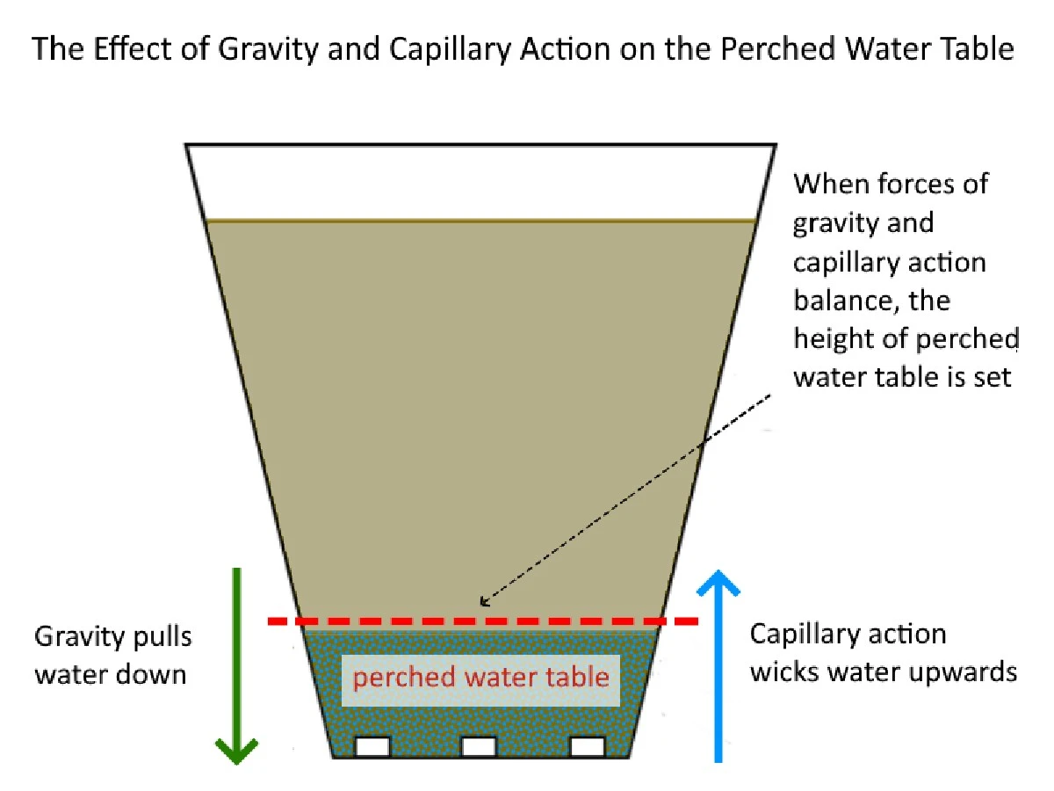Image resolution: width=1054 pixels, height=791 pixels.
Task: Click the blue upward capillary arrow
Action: tap(720, 668)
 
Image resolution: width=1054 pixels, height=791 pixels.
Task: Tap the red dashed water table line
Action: tap(483, 621)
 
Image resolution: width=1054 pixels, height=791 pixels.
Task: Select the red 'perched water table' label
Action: tap(480, 678)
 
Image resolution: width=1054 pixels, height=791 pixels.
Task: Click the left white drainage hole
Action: tap(372, 747)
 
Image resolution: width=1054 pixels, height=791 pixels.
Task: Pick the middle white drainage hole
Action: tap(479, 747)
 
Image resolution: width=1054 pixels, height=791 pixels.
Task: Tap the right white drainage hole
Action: tap(587, 747)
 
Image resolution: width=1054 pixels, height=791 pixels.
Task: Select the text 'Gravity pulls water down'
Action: tap(112, 655)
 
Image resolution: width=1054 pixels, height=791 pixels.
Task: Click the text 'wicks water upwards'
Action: tap(883, 673)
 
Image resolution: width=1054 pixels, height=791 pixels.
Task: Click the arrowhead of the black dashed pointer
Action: tap(482, 602)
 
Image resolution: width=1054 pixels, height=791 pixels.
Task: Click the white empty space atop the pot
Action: tap(480, 180)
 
